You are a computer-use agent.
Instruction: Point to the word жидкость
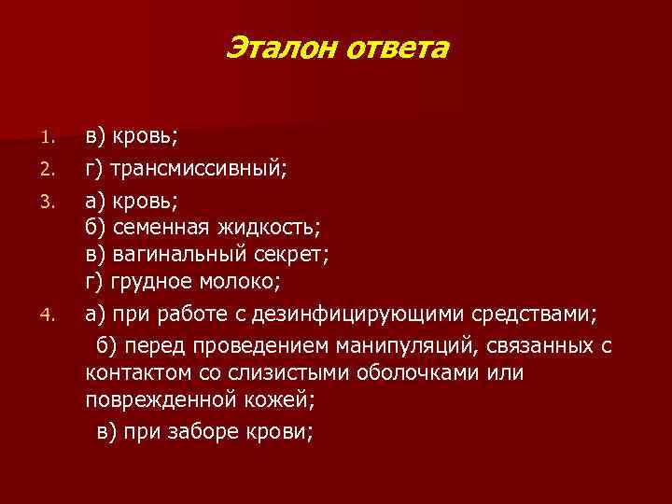(271, 226)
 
